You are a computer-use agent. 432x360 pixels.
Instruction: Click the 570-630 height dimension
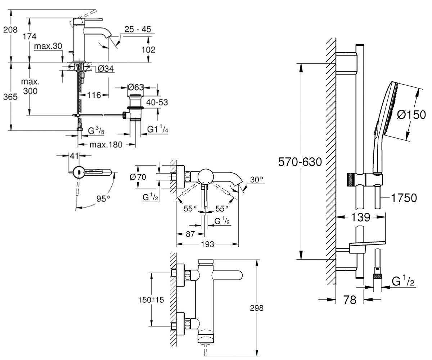[300, 162]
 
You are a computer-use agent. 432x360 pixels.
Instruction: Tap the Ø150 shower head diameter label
[411, 114]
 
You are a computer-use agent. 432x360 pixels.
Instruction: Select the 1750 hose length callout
[404, 198]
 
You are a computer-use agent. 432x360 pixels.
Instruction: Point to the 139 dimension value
[361, 217]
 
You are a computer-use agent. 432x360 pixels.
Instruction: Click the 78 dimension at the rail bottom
[350, 300]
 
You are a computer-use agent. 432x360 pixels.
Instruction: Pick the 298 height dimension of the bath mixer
[257, 308]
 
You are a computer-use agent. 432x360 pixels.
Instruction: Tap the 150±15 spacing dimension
[151, 300]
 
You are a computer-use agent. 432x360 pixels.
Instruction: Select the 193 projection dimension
[207, 244]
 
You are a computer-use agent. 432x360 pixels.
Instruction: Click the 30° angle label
[257, 180]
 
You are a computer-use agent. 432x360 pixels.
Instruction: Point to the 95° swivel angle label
[103, 199]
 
